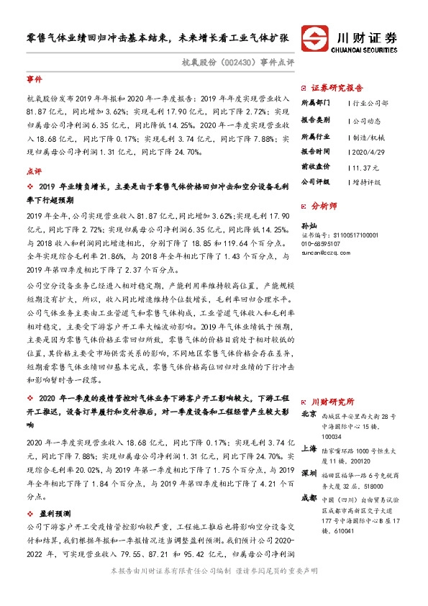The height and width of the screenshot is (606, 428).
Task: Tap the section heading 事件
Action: (34, 79)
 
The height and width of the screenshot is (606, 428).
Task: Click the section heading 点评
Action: (34, 171)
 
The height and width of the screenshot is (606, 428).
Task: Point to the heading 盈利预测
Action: (55, 514)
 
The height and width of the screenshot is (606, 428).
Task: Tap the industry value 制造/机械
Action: (367, 135)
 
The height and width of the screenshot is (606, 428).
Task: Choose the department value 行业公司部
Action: (370, 104)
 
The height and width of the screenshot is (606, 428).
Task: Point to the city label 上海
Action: (309, 447)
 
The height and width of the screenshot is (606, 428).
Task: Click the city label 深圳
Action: (309, 473)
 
